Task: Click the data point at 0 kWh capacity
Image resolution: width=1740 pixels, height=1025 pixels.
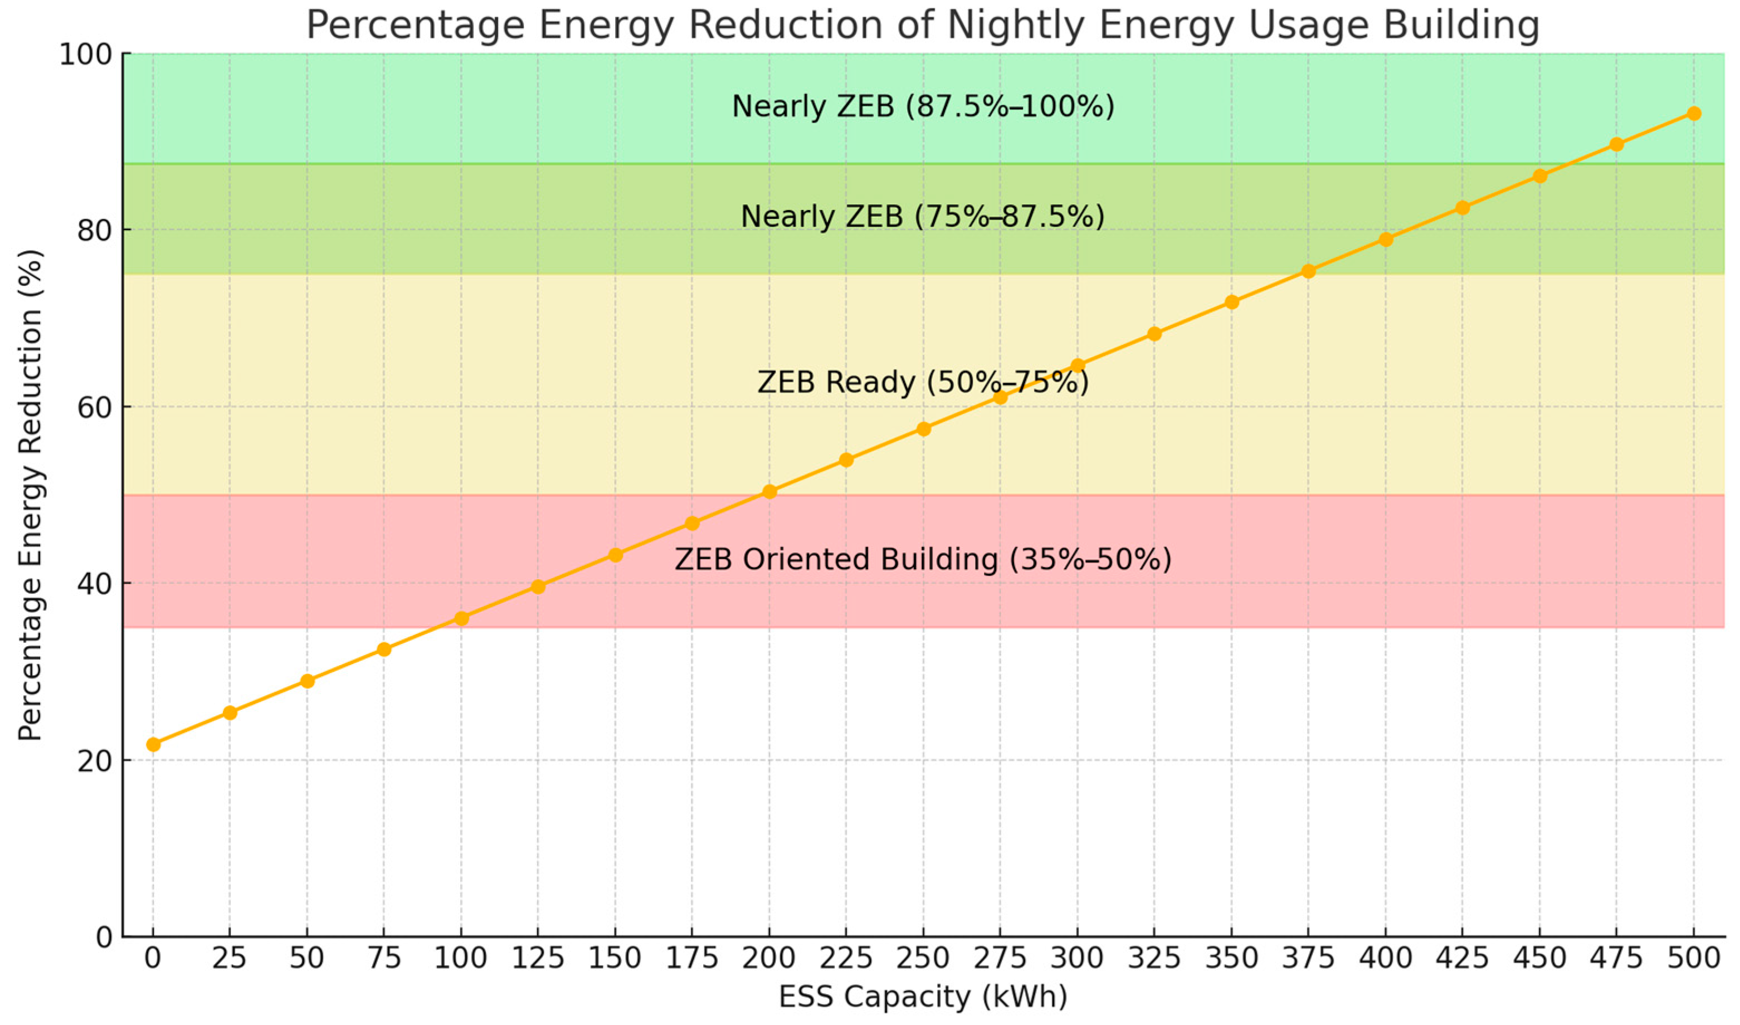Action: tap(153, 744)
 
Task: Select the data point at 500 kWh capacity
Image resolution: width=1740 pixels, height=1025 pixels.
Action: tap(1694, 113)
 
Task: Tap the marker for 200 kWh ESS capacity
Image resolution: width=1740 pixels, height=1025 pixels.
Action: tap(769, 492)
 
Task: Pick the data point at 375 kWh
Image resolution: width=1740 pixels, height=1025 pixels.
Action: tap(1308, 271)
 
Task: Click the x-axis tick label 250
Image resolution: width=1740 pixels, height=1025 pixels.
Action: tap(924, 958)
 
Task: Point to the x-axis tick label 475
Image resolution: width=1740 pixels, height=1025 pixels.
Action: tap(1616, 958)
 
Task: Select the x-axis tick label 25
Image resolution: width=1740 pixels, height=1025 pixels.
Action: tap(230, 958)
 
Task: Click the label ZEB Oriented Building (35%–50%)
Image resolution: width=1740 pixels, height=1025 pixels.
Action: tap(923, 559)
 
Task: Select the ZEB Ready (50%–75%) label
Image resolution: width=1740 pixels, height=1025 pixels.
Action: tap(923, 382)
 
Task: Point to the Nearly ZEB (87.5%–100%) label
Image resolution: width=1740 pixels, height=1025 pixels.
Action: tap(923, 106)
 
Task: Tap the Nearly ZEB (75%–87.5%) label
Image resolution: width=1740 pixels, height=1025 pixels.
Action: tap(923, 217)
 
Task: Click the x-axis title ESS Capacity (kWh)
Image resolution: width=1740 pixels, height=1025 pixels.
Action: tap(923, 997)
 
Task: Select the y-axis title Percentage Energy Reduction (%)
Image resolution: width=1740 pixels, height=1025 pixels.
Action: tap(31, 495)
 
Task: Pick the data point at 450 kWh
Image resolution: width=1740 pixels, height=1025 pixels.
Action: tap(1539, 176)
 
